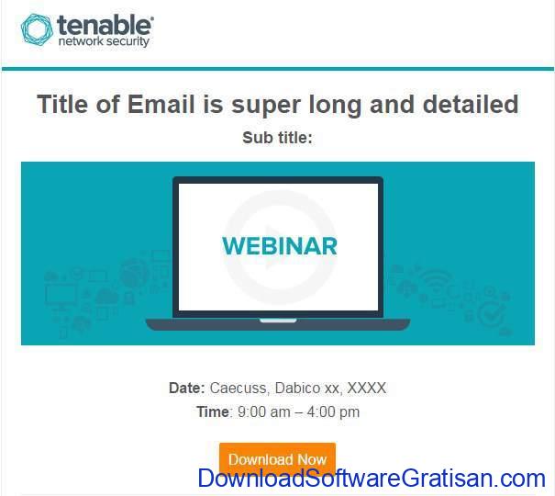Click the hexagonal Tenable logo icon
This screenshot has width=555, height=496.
point(37,29)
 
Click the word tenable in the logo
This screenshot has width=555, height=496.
point(105,25)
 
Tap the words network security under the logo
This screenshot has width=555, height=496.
point(104,41)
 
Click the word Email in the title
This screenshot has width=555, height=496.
point(161,104)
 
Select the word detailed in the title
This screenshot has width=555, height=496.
point(471,104)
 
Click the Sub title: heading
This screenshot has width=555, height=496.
point(277,138)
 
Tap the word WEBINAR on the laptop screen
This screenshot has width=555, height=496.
point(280,246)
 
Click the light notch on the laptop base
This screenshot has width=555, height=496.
point(278,321)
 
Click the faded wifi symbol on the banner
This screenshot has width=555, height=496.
point(436,280)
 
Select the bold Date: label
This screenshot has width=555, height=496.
point(187,388)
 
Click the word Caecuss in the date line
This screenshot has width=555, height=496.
point(239,388)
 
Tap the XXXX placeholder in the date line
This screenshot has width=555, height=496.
point(367,388)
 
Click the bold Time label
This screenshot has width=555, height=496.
point(213,412)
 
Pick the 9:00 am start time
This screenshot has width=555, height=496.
point(263,412)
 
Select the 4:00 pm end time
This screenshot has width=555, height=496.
point(333,412)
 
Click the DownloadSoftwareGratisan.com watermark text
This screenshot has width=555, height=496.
point(372,478)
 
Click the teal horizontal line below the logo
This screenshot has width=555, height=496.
point(277,69)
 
